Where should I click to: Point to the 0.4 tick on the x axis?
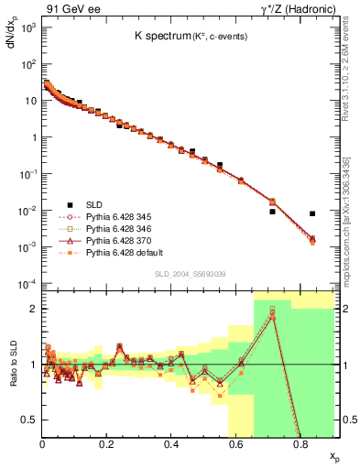click(x=171, y=444)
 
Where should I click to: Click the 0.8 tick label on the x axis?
click(x=300, y=444)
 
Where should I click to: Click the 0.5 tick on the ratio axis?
click(x=28, y=420)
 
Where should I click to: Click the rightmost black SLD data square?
click(x=312, y=213)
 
